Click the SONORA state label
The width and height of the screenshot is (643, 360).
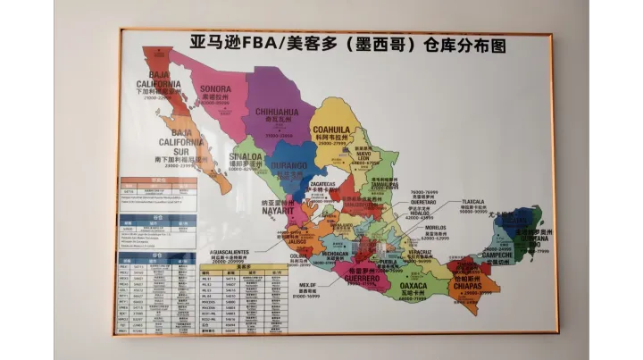215,89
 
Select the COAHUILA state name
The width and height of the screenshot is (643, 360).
331,130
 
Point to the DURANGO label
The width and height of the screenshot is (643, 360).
291,166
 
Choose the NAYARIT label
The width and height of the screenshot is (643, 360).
278,211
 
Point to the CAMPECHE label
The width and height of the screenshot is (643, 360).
497,255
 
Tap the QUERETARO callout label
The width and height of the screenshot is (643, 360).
423,202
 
